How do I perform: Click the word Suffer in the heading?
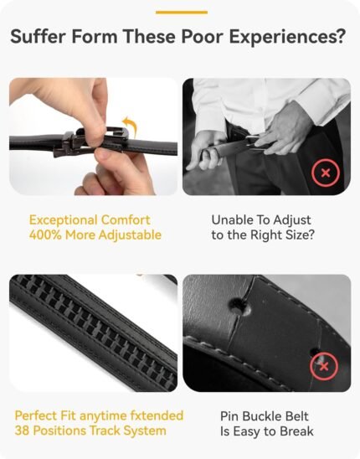pyautogui.click(x=39, y=37)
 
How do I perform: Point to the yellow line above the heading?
pyautogui.click(x=182, y=13)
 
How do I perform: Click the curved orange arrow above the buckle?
pyautogui.click(x=130, y=126)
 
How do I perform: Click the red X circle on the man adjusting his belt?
pyautogui.click(x=326, y=173)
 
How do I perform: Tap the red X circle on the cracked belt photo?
pyautogui.click(x=324, y=367)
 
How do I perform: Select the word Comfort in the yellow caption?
pyautogui.click(x=126, y=219)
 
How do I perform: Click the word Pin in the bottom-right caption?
pyautogui.click(x=229, y=416)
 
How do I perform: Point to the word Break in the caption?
pyautogui.click(x=296, y=431)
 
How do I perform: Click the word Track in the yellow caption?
pyautogui.click(x=104, y=431)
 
